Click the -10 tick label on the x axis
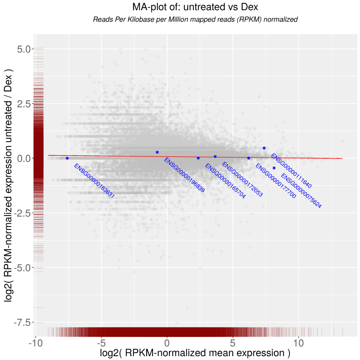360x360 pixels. click(x=35, y=344)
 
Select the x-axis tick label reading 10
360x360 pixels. click(x=299, y=344)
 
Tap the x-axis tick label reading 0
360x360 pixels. click(x=167, y=344)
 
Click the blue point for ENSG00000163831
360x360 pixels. click(x=67, y=158)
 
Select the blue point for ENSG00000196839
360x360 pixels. click(x=157, y=152)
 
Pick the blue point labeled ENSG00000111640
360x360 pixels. click(x=264, y=148)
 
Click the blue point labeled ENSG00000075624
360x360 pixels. click(x=274, y=168)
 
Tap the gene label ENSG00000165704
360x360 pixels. click(x=225, y=181)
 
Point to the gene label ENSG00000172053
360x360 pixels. click(x=242, y=180)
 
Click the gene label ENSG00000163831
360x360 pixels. click(x=94, y=181)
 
